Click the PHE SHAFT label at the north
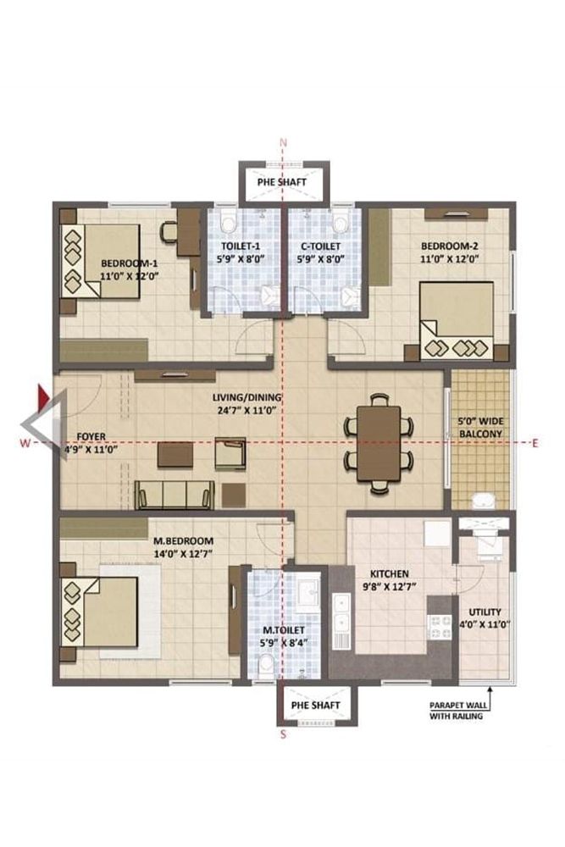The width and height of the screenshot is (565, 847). (x=282, y=181)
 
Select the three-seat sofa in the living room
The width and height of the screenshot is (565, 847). (x=174, y=493)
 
